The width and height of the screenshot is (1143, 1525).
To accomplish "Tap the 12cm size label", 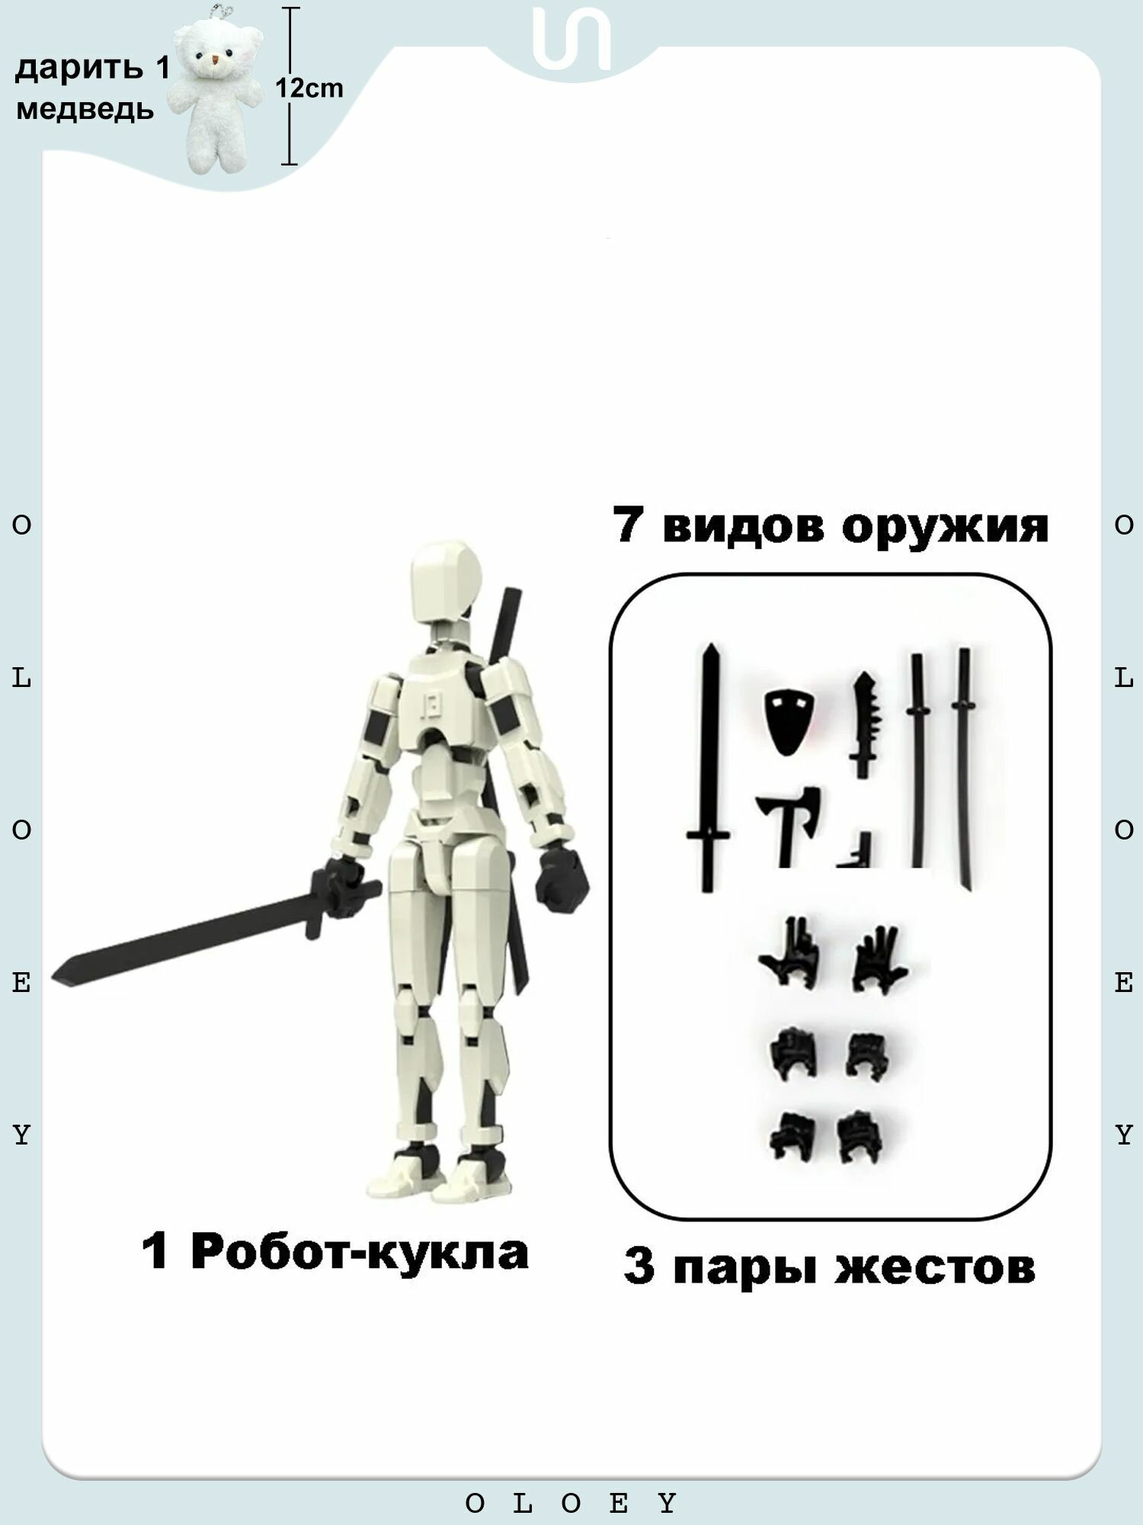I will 309,88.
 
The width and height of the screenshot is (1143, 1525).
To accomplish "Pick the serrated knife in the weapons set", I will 863,724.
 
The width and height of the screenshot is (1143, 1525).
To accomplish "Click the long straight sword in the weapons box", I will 709,766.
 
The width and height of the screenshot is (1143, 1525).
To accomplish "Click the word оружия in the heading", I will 945,526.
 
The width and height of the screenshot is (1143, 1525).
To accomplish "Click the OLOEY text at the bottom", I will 571,1504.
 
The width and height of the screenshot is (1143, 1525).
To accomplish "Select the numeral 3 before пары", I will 639,1267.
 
